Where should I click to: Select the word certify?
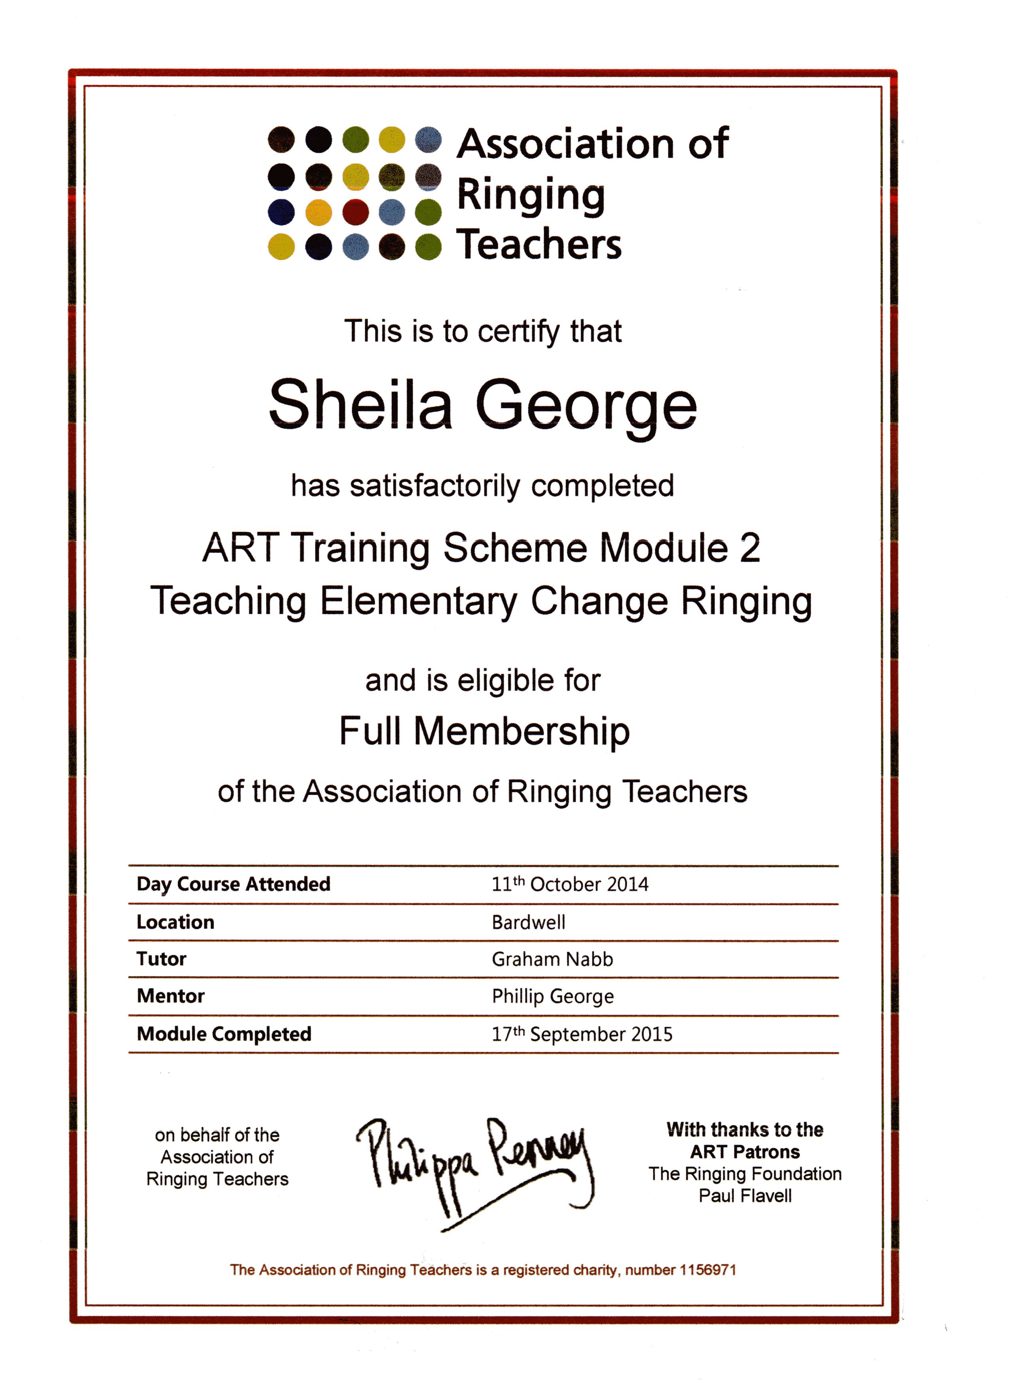click(519, 332)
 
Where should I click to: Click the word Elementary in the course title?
click(418, 601)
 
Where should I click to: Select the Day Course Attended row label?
click(233, 884)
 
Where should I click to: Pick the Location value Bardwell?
click(528, 922)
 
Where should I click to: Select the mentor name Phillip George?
click(552, 996)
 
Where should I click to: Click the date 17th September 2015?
click(582, 1034)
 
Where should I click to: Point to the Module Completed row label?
click(224, 1034)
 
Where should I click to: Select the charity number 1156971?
click(707, 1269)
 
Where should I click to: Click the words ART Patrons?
click(745, 1152)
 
